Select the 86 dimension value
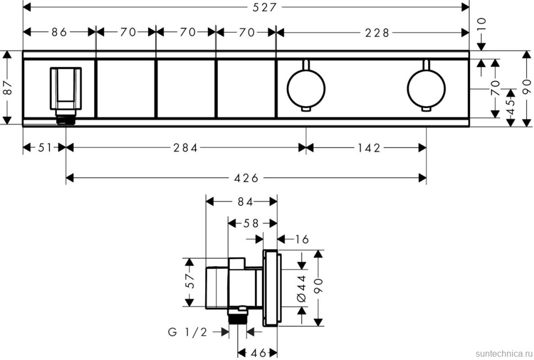(x=59, y=32)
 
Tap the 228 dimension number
(x=377, y=32)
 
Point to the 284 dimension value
(x=186, y=148)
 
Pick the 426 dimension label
(x=246, y=177)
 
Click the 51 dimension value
(x=44, y=148)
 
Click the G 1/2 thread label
(x=188, y=332)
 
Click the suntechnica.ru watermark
(x=499, y=351)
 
